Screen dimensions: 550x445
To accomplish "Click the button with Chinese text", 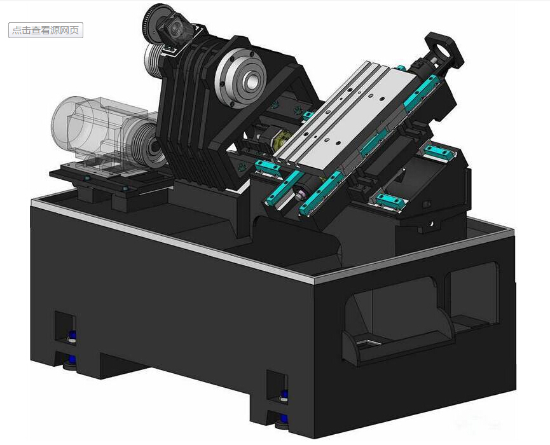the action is (46, 30).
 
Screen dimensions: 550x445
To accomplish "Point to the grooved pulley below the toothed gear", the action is (155, 60).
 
